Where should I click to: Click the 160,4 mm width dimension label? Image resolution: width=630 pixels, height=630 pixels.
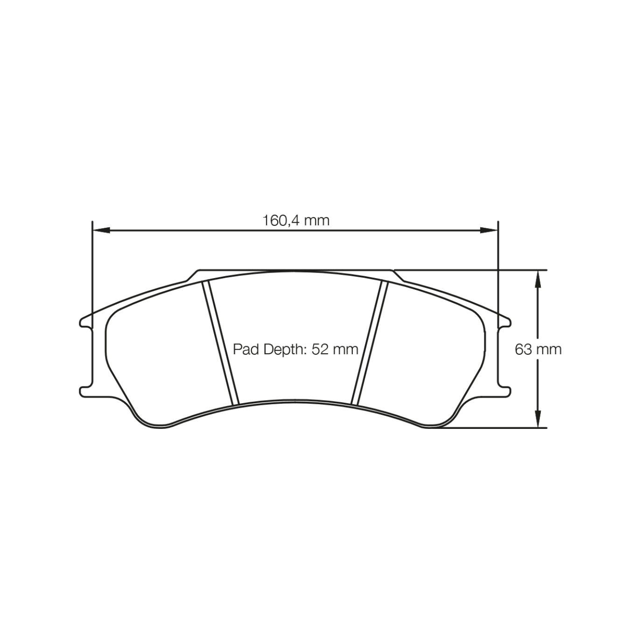(295, 220)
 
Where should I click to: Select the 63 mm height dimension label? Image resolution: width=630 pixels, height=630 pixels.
(538, 349)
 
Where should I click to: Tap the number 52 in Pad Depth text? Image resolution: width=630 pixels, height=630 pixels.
(320, 349)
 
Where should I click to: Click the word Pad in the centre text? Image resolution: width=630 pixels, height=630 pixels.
(246, 349)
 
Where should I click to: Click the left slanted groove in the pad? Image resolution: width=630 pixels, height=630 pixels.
(220, 343)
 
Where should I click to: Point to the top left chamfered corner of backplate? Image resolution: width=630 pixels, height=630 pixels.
(193, 275)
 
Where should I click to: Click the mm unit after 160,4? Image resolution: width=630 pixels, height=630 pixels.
(317, 220)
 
